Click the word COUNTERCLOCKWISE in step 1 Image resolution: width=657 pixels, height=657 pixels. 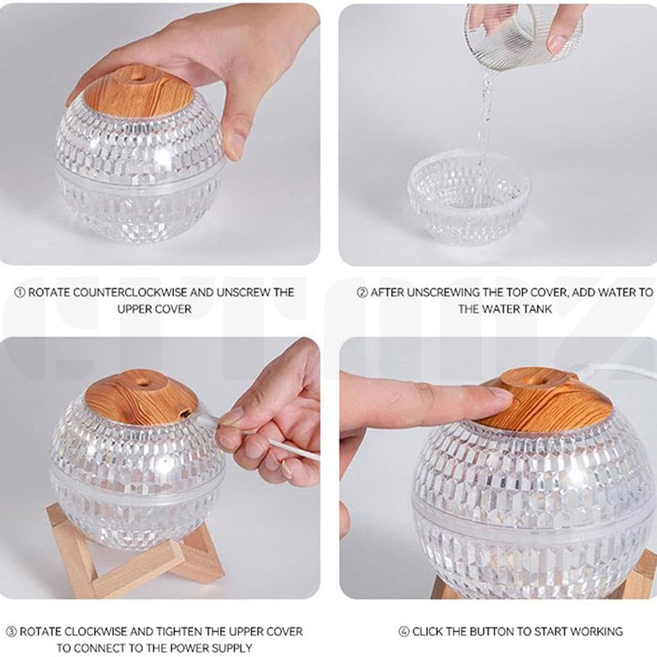tap(107, 292)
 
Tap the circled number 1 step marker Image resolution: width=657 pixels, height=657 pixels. tap(20, 292)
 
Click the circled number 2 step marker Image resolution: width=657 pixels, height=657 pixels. tap(362, 292)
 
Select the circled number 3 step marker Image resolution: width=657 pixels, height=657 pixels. tap(11, 632)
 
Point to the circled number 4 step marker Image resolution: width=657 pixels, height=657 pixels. tap(403, 632)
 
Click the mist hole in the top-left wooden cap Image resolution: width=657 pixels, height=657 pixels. tap(138, 76)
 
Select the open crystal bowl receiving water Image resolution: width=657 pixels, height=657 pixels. tap(469, 198)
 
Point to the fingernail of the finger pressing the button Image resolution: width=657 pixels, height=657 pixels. tap(501, 394)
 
